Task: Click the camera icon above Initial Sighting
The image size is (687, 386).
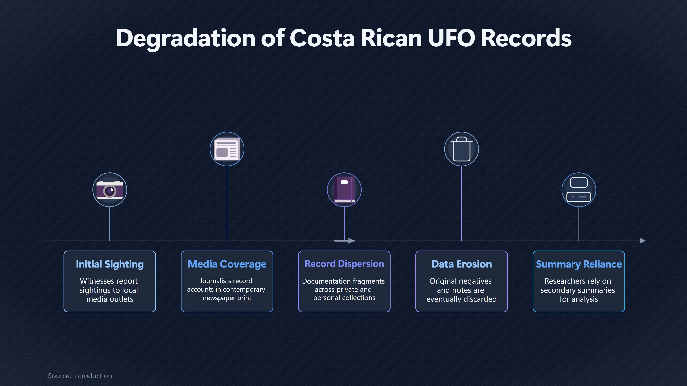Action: (110, 190)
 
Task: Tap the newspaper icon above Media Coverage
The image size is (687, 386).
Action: (227, 149)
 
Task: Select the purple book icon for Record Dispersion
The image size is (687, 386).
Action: (344, 190)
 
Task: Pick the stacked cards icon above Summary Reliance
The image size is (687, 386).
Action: (579, 190)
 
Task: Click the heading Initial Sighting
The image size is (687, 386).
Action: (110, 264)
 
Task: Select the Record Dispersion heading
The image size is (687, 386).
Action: (344, 264)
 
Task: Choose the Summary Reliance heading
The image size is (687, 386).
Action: (579, 264)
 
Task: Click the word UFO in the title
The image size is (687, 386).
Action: (452, 38)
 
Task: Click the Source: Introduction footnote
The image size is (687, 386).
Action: (80, 376)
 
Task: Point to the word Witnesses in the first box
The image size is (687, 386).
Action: (97, 281)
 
